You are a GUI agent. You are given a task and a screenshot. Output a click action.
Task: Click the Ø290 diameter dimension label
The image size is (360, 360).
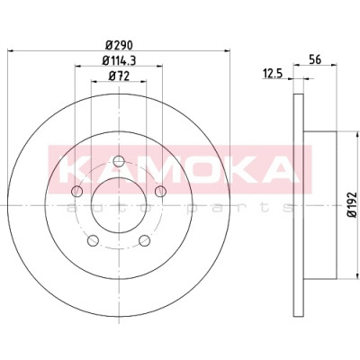[119, 45]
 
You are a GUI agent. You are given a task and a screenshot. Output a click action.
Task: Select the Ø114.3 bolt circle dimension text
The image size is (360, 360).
[119, 61]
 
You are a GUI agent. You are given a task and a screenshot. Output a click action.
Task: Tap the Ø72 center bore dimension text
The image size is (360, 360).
[119, 76]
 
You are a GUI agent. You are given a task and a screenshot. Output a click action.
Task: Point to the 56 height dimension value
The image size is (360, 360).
[315, 59]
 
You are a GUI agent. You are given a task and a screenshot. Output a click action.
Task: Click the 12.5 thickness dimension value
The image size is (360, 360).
[273, 74]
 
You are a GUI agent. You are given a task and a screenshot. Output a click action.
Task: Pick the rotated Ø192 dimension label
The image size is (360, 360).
[353, 205]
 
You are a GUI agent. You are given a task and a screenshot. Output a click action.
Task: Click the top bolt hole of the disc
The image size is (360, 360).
[119, 161]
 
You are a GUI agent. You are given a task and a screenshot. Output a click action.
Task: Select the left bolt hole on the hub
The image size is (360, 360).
[77, 191]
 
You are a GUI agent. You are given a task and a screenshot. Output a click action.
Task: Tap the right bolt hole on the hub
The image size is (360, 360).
[161, 191]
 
